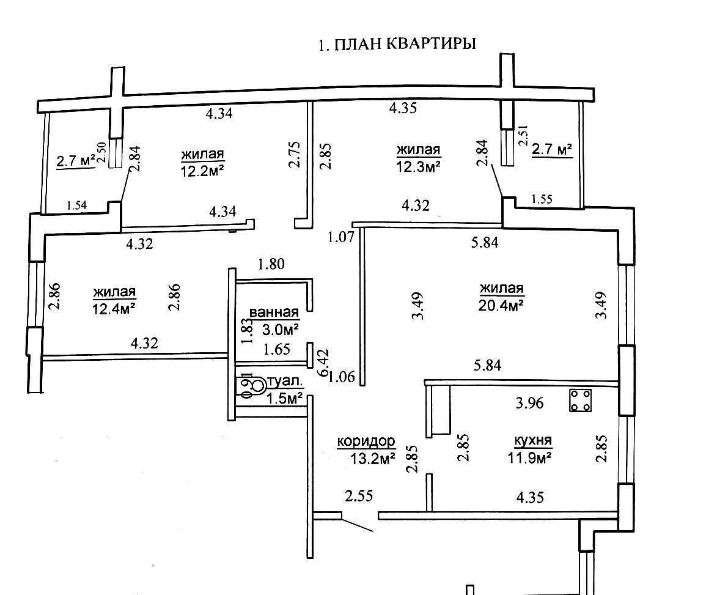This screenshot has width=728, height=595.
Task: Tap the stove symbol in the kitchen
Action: pyautogui.click(x=581, y=401)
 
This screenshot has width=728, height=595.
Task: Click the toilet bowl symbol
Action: pyautogui.click(x=257, y=385)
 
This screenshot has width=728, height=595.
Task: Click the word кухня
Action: pyautogui.click(x=533, y=440)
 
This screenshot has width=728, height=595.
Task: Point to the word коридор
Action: pyautogui.click(x=366, y=441)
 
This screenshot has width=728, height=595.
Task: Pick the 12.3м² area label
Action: pyautogui.click(x=419, y=166)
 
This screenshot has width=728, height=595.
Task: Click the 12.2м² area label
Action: pyautogui.click(x=202, y=171)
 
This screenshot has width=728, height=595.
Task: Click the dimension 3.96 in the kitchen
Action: pyautogui.click(x=529, y=403)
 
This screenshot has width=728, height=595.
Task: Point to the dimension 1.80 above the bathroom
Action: pyautogui.click(x=271, y=265)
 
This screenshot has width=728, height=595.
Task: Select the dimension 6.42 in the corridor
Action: pyautogui.click(x=325, y=363)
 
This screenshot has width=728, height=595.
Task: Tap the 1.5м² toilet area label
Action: pyautogui.click(x=285, y=398)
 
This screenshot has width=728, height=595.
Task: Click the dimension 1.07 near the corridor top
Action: pyautogui.click(x=342, y=236)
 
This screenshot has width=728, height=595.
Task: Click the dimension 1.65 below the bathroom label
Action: pyautogui.click(x=276, y=350)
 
